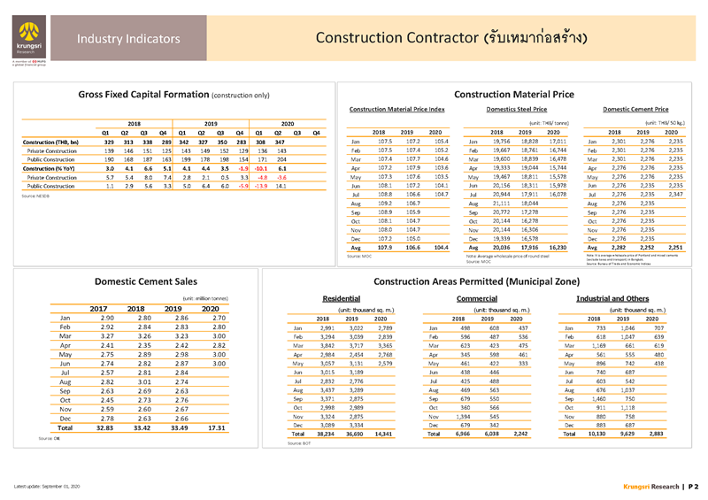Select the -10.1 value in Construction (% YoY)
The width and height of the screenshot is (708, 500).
[261, 168]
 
